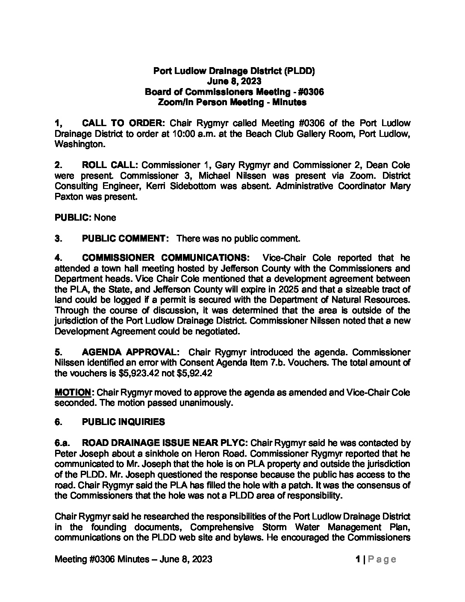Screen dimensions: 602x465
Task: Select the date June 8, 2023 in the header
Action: pyautogui.click(x=234, y=81)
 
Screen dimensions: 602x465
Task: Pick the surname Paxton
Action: pyautogui.click(x=69, y=197)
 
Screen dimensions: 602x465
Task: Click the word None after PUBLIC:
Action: pyautogui.click(x=105, y=218)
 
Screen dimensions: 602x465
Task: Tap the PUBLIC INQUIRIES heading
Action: pyautogui.click(x=123, y=422)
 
